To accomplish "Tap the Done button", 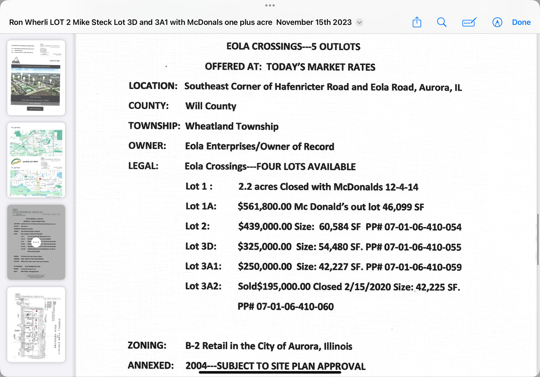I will (521, 22).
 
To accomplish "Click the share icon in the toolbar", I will (417, 22).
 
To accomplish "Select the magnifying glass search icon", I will (442, 22).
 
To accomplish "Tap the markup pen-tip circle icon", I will (497, 22).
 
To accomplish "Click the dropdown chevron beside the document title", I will (359, 22).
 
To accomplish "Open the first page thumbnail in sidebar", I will (36, 77).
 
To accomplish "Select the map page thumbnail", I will (36, 160).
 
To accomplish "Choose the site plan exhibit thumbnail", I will (36, 324).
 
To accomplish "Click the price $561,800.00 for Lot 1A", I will (264, 207).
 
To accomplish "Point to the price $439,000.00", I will (265, 227).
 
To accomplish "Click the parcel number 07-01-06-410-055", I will (423, 247).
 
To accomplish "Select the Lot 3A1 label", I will (203, 266).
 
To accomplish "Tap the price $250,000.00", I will (265, 267).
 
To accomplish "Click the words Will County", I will (211, 106).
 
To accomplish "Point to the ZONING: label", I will (147, 346).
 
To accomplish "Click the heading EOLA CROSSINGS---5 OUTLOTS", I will (293, 46).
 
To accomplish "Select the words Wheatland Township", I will (232, 126).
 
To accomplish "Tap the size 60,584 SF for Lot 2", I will (340, 227).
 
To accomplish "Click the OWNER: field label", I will (147, 146).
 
